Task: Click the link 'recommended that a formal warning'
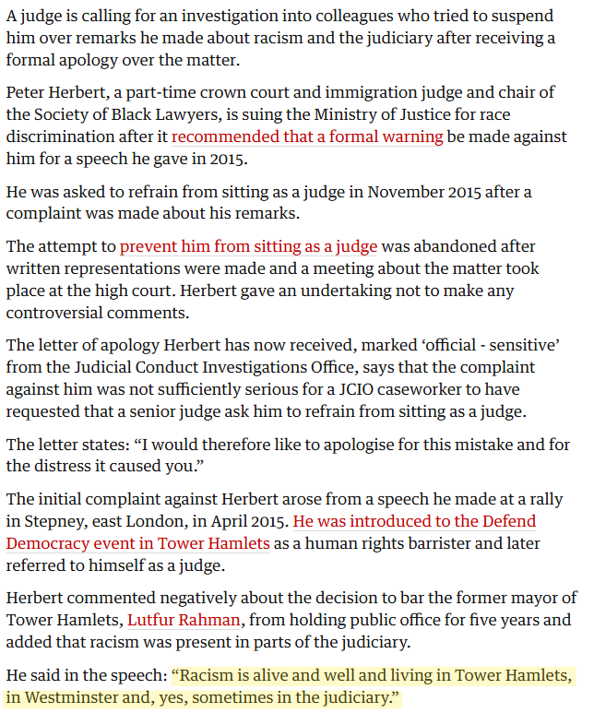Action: [x=307, y=137]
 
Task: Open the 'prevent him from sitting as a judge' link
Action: [x=248, y=246]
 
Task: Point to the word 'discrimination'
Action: [x=61, y=137]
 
